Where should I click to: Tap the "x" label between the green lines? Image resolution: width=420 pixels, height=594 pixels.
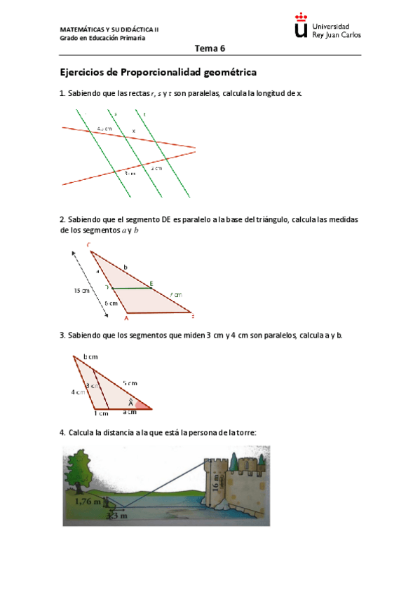click(134, 131)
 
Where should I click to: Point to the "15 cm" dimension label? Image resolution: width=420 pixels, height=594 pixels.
click(82, 290)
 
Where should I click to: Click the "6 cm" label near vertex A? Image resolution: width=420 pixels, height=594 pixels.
click(111, 303)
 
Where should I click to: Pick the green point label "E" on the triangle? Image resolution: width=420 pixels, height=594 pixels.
click(152, 282)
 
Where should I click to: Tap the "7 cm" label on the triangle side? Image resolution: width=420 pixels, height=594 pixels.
click(175, 295)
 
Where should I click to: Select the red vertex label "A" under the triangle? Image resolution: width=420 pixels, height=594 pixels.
click(126, 317)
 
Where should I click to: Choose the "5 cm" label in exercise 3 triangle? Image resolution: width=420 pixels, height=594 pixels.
click(130, 383)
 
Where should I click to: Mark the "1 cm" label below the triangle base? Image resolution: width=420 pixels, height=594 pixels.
click(101, 413)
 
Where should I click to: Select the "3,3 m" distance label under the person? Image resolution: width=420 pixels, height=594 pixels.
click(111, 516)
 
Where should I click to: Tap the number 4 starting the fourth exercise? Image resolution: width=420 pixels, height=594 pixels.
click(62, 432)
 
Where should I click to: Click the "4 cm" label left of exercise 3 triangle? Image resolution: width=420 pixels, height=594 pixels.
click(77, 392)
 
